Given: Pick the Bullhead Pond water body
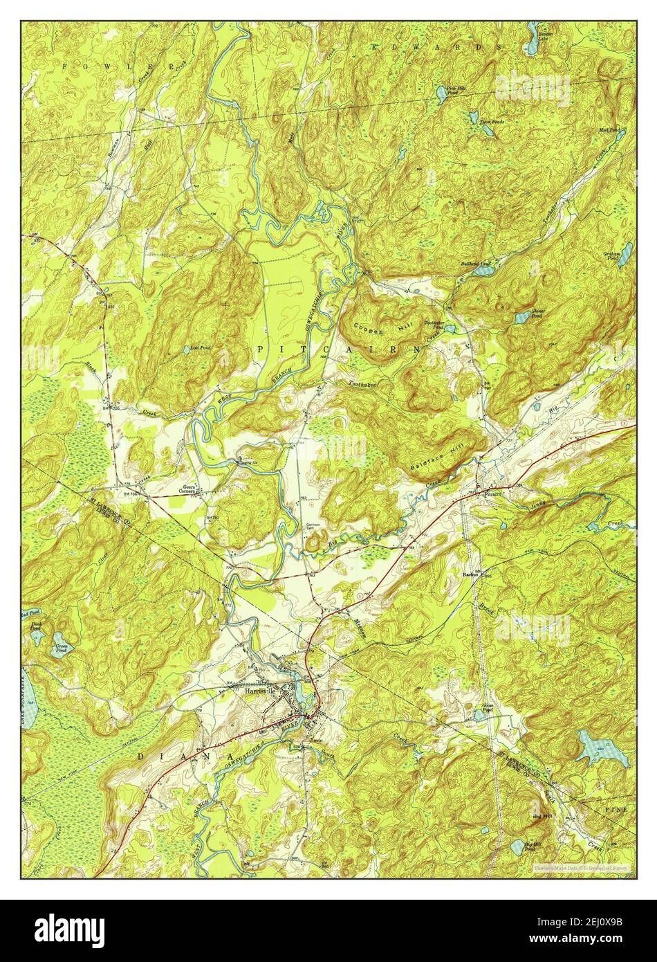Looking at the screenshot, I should coord(482,272).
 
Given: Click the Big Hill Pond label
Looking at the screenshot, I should coord(532,846).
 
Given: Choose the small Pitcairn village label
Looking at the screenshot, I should coord(492,496).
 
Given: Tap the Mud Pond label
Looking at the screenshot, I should coord(609,129).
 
